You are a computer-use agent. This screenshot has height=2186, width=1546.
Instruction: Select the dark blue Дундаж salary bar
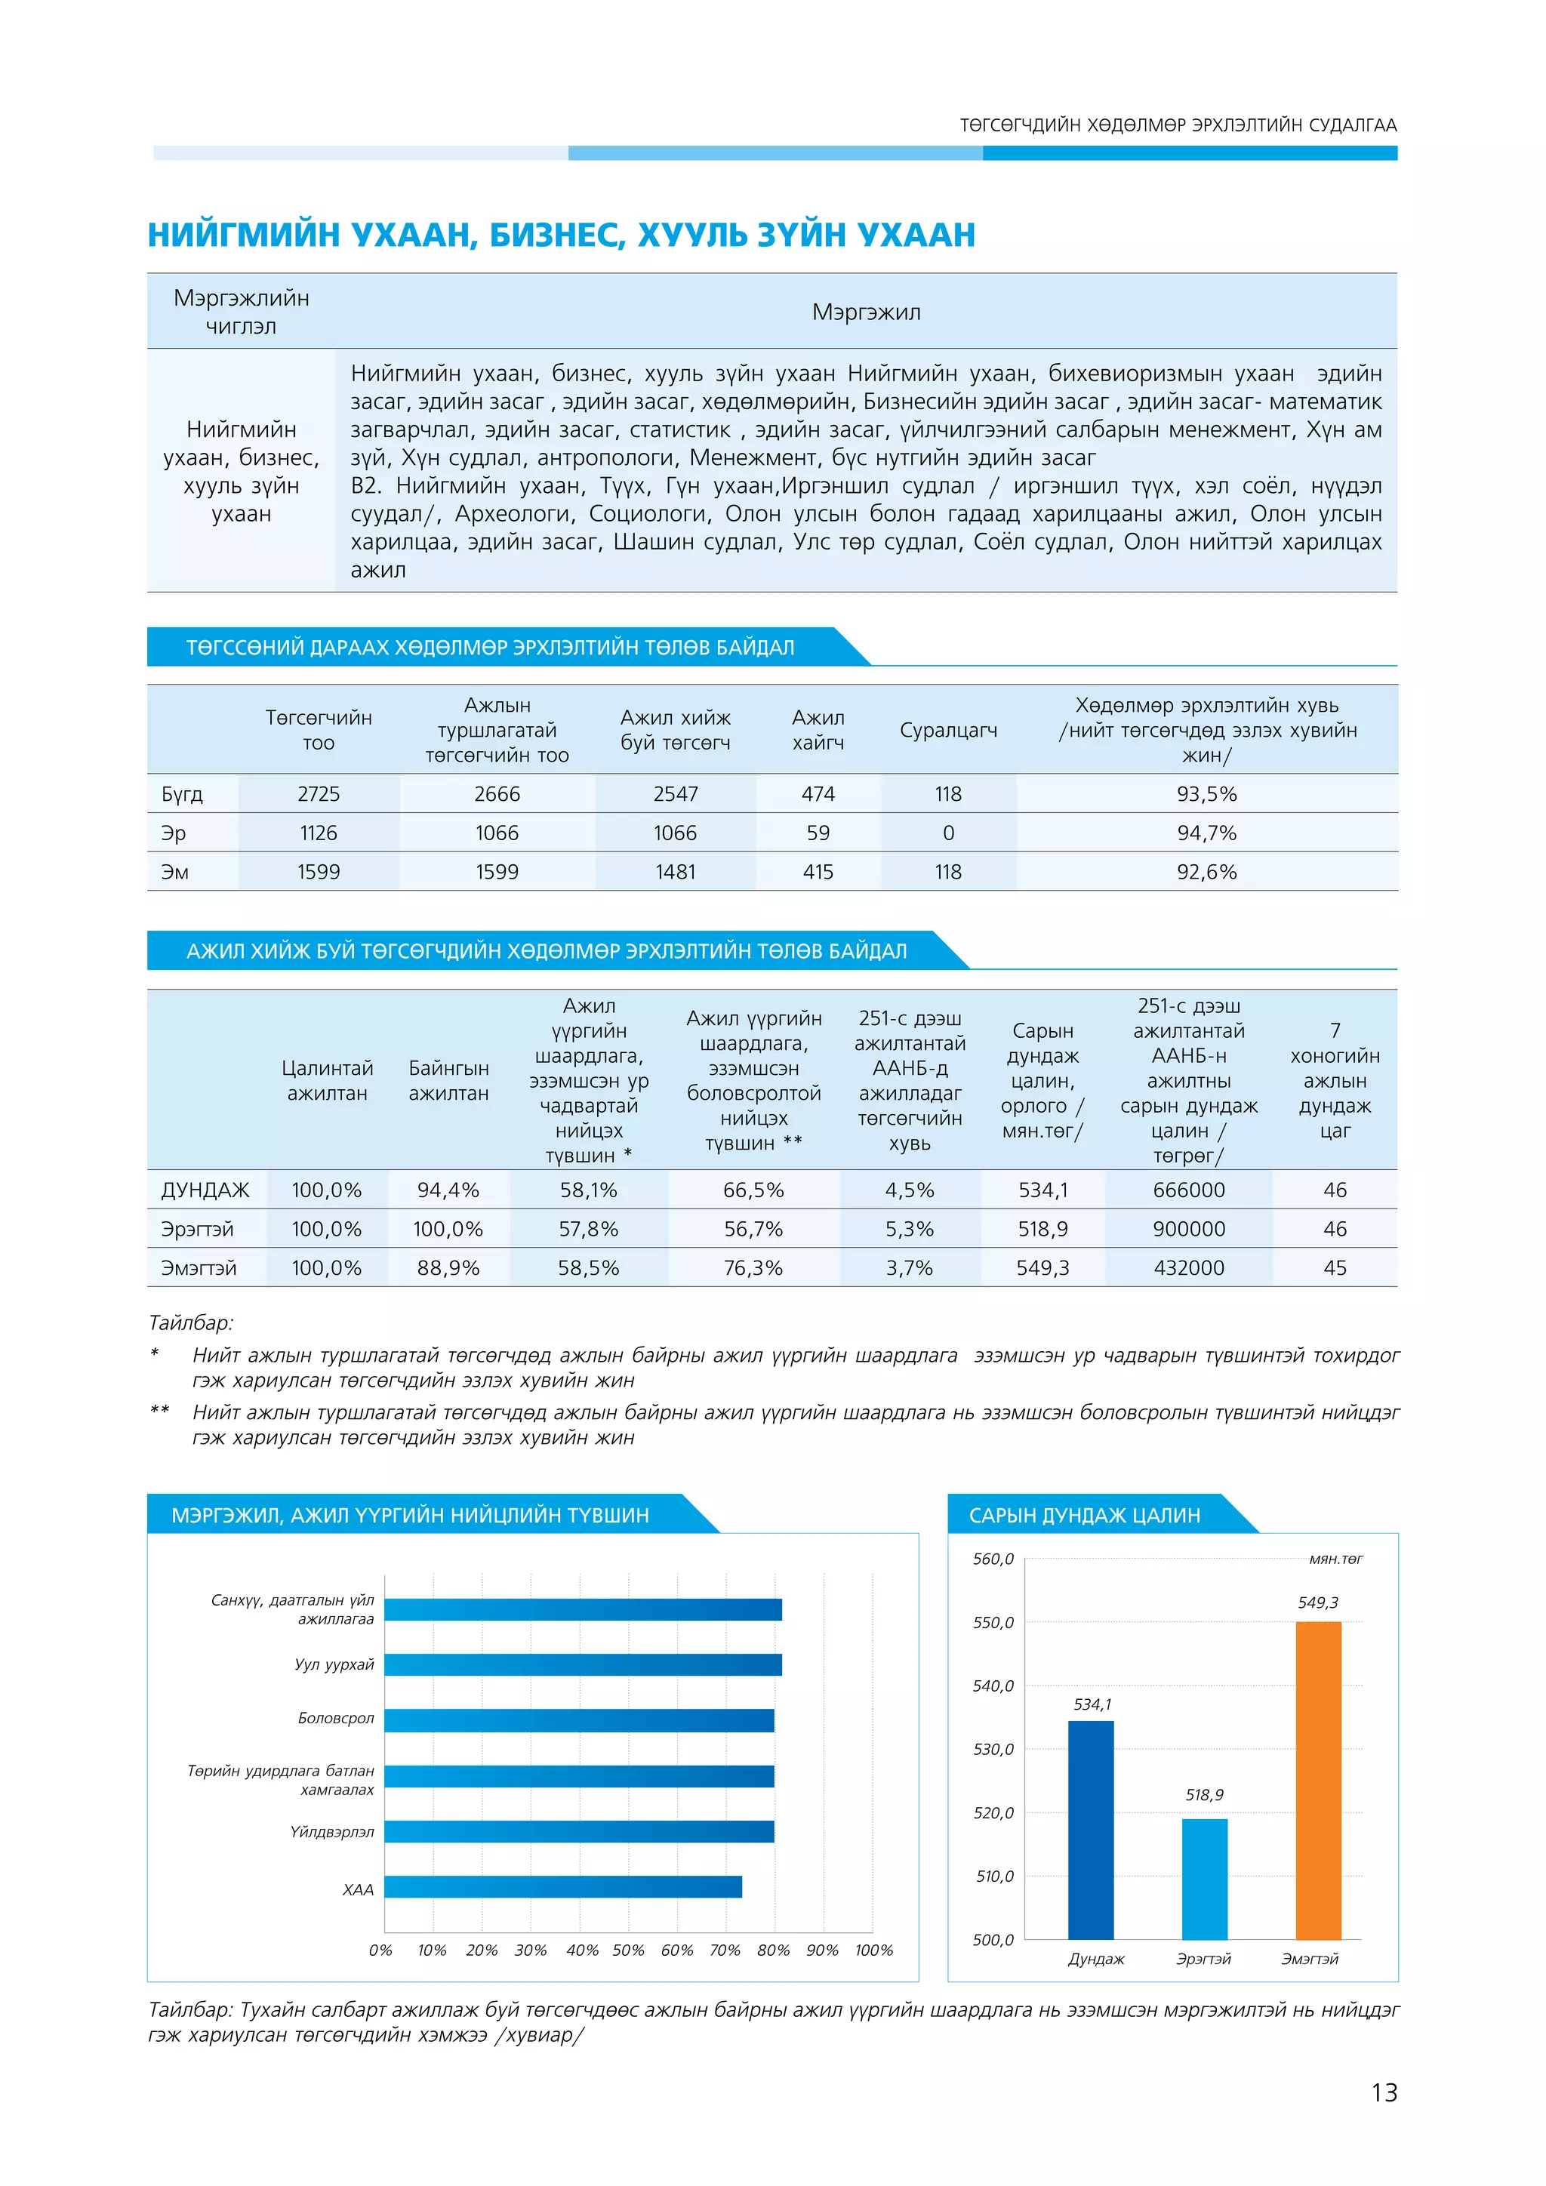1090,1829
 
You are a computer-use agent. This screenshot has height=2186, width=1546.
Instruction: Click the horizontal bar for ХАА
562,1886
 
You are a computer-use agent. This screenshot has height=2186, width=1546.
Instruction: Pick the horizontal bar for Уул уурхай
583,1664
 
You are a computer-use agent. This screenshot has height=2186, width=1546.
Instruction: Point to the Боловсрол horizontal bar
579,1720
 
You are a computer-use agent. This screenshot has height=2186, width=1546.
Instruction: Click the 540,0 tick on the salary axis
993,1686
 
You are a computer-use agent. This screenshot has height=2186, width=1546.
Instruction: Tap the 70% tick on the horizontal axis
725,1950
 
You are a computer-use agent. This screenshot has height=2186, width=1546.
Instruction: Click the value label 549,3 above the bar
1317,1603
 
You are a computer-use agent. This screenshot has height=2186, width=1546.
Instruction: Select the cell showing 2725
318,794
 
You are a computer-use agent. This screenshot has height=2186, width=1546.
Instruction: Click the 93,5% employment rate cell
1206,794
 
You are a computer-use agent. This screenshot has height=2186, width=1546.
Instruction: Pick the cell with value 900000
1188,1229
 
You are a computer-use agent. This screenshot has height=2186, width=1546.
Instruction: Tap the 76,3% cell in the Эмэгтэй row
753,1268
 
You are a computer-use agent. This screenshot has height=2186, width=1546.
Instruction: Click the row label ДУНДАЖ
205,1190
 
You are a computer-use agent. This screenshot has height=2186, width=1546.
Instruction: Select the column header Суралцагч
948,730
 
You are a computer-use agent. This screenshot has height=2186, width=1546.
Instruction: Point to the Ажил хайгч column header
818,730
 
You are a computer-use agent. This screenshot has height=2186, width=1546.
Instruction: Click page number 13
1383,2092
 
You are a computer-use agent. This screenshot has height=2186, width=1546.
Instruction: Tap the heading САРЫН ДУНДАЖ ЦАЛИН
1083,1515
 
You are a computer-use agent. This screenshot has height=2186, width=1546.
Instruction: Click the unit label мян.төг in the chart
1335,1559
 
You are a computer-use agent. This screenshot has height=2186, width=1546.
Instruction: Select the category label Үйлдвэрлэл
332,1832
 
